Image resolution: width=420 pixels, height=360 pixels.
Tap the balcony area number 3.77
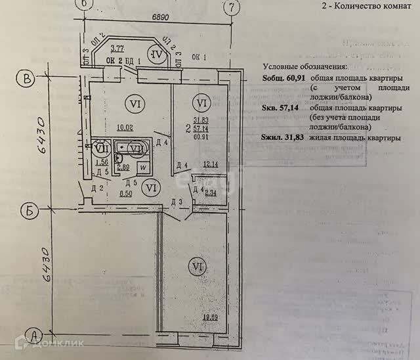pyautogui.click(x=118, y=49)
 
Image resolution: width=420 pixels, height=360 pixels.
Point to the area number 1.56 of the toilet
pyautogui.click(x=102, y=162)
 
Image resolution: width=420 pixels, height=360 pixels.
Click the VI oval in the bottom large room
pyautogui.click(x=195, y=267)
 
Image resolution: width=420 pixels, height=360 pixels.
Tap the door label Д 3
pyautogui.click(x=176, y=200)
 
